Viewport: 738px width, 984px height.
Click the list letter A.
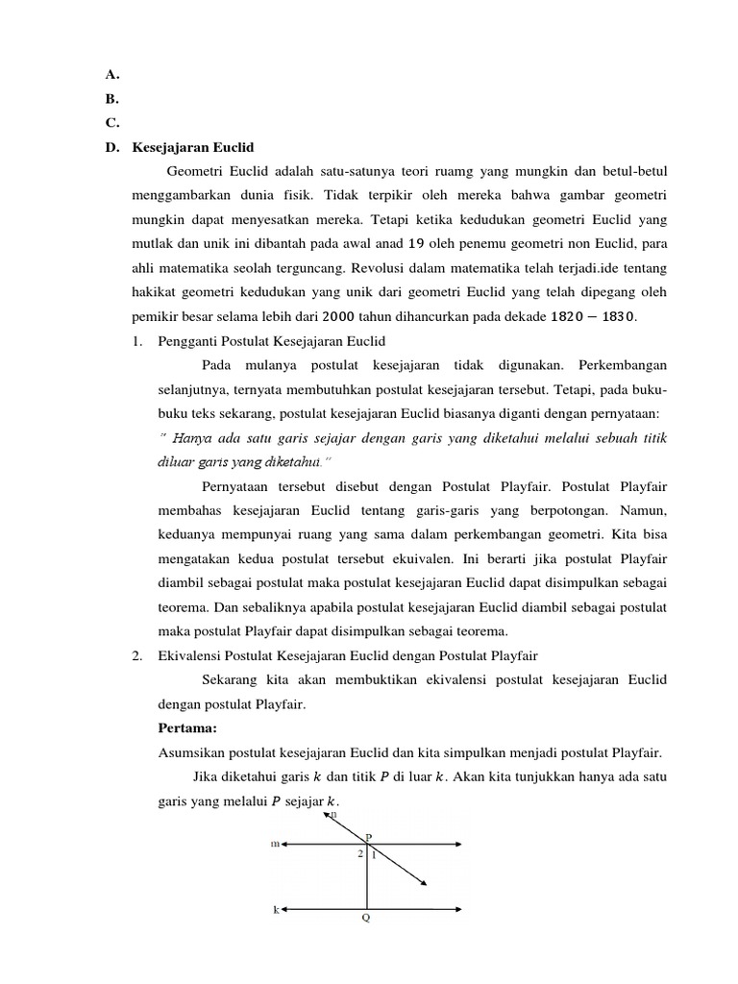111,72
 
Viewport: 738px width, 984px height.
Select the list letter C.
111,122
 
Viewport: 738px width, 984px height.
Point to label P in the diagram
368,834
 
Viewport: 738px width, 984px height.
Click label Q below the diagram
365,917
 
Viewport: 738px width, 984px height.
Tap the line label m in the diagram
275,845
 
